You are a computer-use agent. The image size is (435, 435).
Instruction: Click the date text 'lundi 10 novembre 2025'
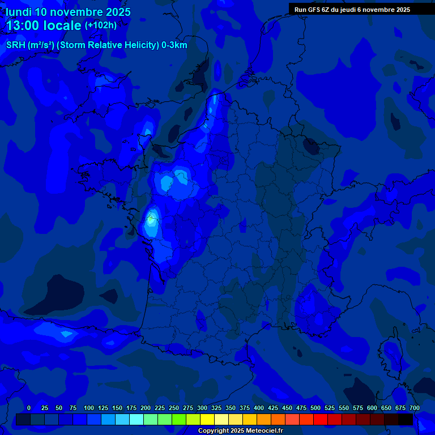click(x=68, y=12)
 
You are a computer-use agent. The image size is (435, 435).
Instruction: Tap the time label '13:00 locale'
click(x=44, y=25)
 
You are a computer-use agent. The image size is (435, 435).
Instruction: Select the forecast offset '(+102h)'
click(x=101, y=25)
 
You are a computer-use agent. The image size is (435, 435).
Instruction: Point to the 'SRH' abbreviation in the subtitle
click(x=15, y=45)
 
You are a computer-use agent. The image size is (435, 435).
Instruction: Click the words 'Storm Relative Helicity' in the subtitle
click(x=107, y=45)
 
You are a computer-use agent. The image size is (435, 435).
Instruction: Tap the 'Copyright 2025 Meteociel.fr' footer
click(x=240, y=431)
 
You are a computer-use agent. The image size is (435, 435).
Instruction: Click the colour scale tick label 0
click(x=29, y=408)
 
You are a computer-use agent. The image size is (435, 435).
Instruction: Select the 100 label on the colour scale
click(x=89, y=408)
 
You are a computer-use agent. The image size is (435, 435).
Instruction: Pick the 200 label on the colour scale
click(x=146, y=408)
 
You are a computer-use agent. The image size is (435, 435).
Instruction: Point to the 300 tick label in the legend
click(x=202, y=408)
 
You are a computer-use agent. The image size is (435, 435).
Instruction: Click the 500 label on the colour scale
click(x=315, y=408)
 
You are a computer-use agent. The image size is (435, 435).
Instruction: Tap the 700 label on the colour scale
click(x=414, y=408)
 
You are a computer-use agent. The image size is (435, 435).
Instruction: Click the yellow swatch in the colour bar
click(x=207, y=420)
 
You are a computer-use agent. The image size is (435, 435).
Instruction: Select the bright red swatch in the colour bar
click(x=321, y=420)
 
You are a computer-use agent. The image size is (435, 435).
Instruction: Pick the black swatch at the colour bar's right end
click(x=406, y=420)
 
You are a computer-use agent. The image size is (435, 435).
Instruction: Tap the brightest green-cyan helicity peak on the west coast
click(x=151, y=217)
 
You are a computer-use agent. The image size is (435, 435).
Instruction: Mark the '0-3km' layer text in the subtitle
click(x=174, y=45)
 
